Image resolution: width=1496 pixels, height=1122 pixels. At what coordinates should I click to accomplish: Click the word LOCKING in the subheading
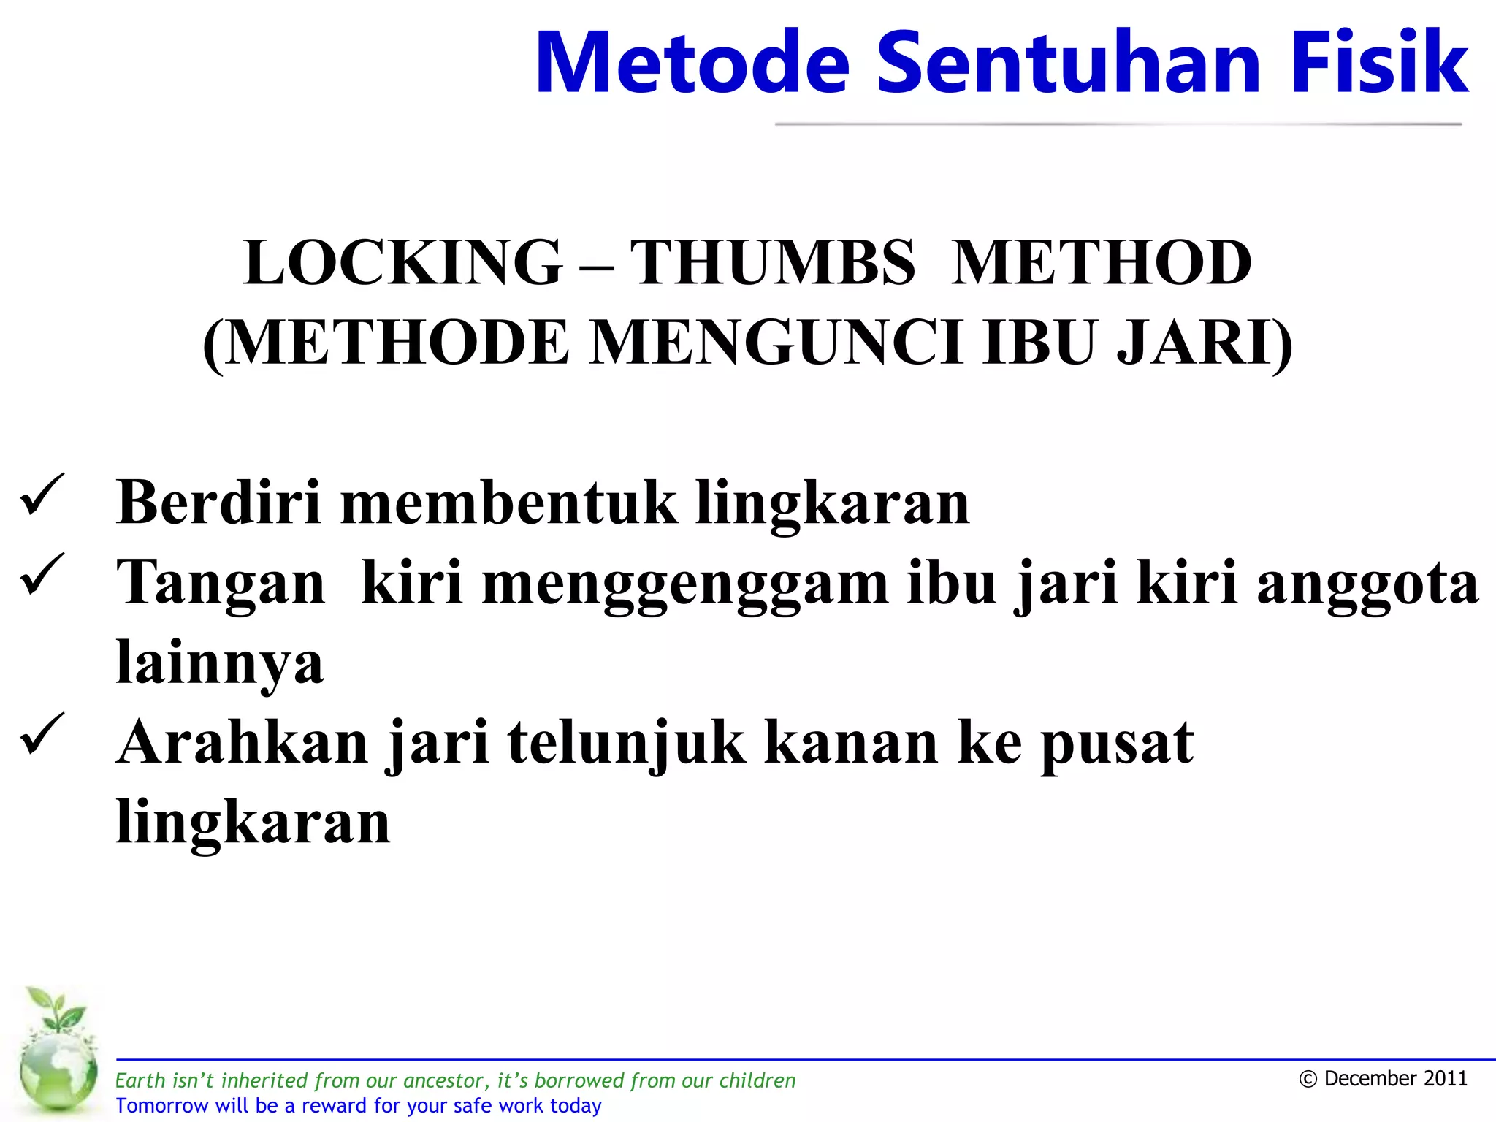[x=402, y=263]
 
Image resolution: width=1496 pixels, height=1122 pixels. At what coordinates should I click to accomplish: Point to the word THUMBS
[x=772, y=263]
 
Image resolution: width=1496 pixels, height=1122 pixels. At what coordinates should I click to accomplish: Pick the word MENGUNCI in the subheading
[x=776, y=343]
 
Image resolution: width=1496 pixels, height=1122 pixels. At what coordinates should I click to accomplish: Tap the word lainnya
[x=220, y=663]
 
